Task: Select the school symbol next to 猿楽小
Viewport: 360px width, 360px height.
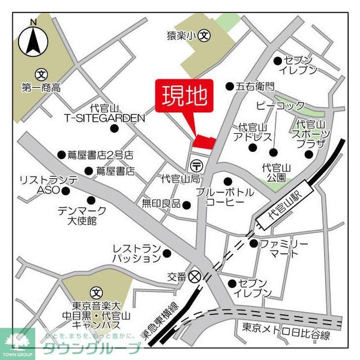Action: coord(205,35)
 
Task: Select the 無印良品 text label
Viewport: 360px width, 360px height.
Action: coord(161,203)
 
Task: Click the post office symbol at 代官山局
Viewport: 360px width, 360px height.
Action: coord(196,164)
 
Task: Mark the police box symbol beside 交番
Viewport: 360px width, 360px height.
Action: coord(194,277)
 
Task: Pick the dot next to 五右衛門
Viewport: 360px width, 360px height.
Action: coord(229,86)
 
